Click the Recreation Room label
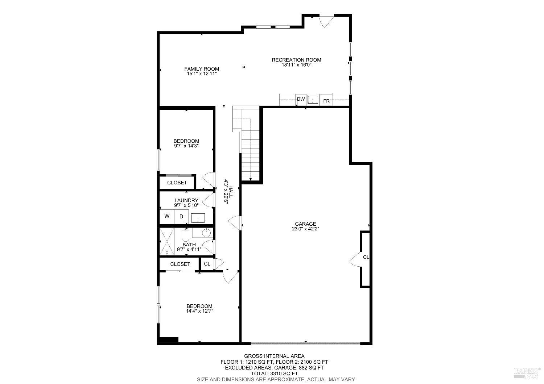tap(296, 60)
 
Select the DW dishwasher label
tap(301, 99)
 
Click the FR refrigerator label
tap(326, 101)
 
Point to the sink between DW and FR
tap(313, 99)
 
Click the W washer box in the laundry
tap(167, 217)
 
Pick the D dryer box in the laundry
tap(181, 217)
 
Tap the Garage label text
tap(305, 224)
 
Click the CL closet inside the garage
tap(366, 257)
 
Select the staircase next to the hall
tap(251, 156)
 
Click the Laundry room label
tap(186, 200)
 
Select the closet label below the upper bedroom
tap(177, 183)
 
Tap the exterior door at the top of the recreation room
tap(326, 20)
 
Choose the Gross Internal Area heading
tap(274, 356)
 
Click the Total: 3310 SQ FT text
tap(274, 373)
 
